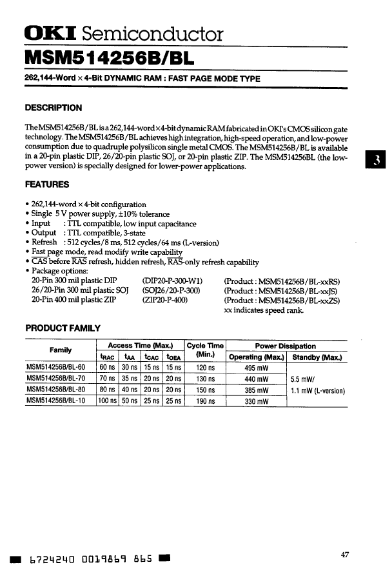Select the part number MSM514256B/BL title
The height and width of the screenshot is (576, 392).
click(x=107, y=58)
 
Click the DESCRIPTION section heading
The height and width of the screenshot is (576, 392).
click(x=53, y=108)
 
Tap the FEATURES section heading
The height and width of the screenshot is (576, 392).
click(x=46, y=184)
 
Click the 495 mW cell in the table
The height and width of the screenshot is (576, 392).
click(x=257, y=368)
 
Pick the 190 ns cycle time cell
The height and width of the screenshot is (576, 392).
click(x=206, y=401)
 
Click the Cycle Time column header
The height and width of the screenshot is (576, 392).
click(x=205, y=351)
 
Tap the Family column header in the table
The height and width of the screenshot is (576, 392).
click(x=61, y=350)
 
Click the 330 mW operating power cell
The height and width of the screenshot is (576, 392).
click(x=257, y=401)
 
